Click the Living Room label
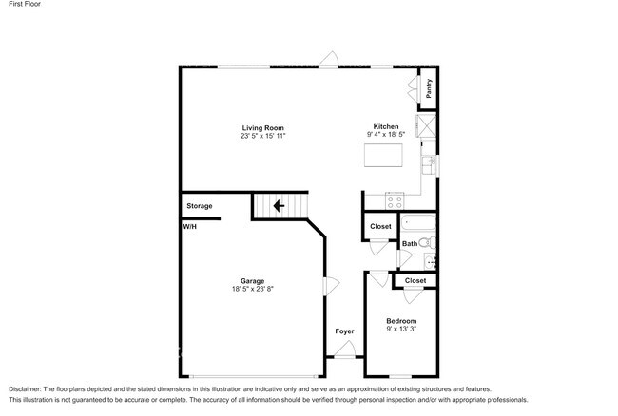pyautogui.click(x=262, y=128)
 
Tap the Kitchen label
pyautogui.click(x=385, y=126)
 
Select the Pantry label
pyautogui.click(x=430, y=87)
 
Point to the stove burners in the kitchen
pyautogui.click(x=395, y=199)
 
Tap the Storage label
pyautogui.click(x=200, y=206)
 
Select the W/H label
pyautogui.click(x=190, y=227)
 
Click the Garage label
pyautogui.click(x=252, y=281)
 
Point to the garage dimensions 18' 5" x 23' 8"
pyautogui.click(x=252, y=290)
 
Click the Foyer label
pyautogui.click(x=344, y=331)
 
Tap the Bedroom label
pyautogui.click(x=401, y=321)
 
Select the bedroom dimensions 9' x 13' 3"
pyautogui.click(x=401, y=330)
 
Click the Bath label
pyautogui.click(x=410, y=244)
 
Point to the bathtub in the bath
pyautogui.click(x=419, y=225)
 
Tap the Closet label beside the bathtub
pyautogui.click(x=380, y=226)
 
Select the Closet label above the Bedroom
pyautogui.click(x=415, y=281)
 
